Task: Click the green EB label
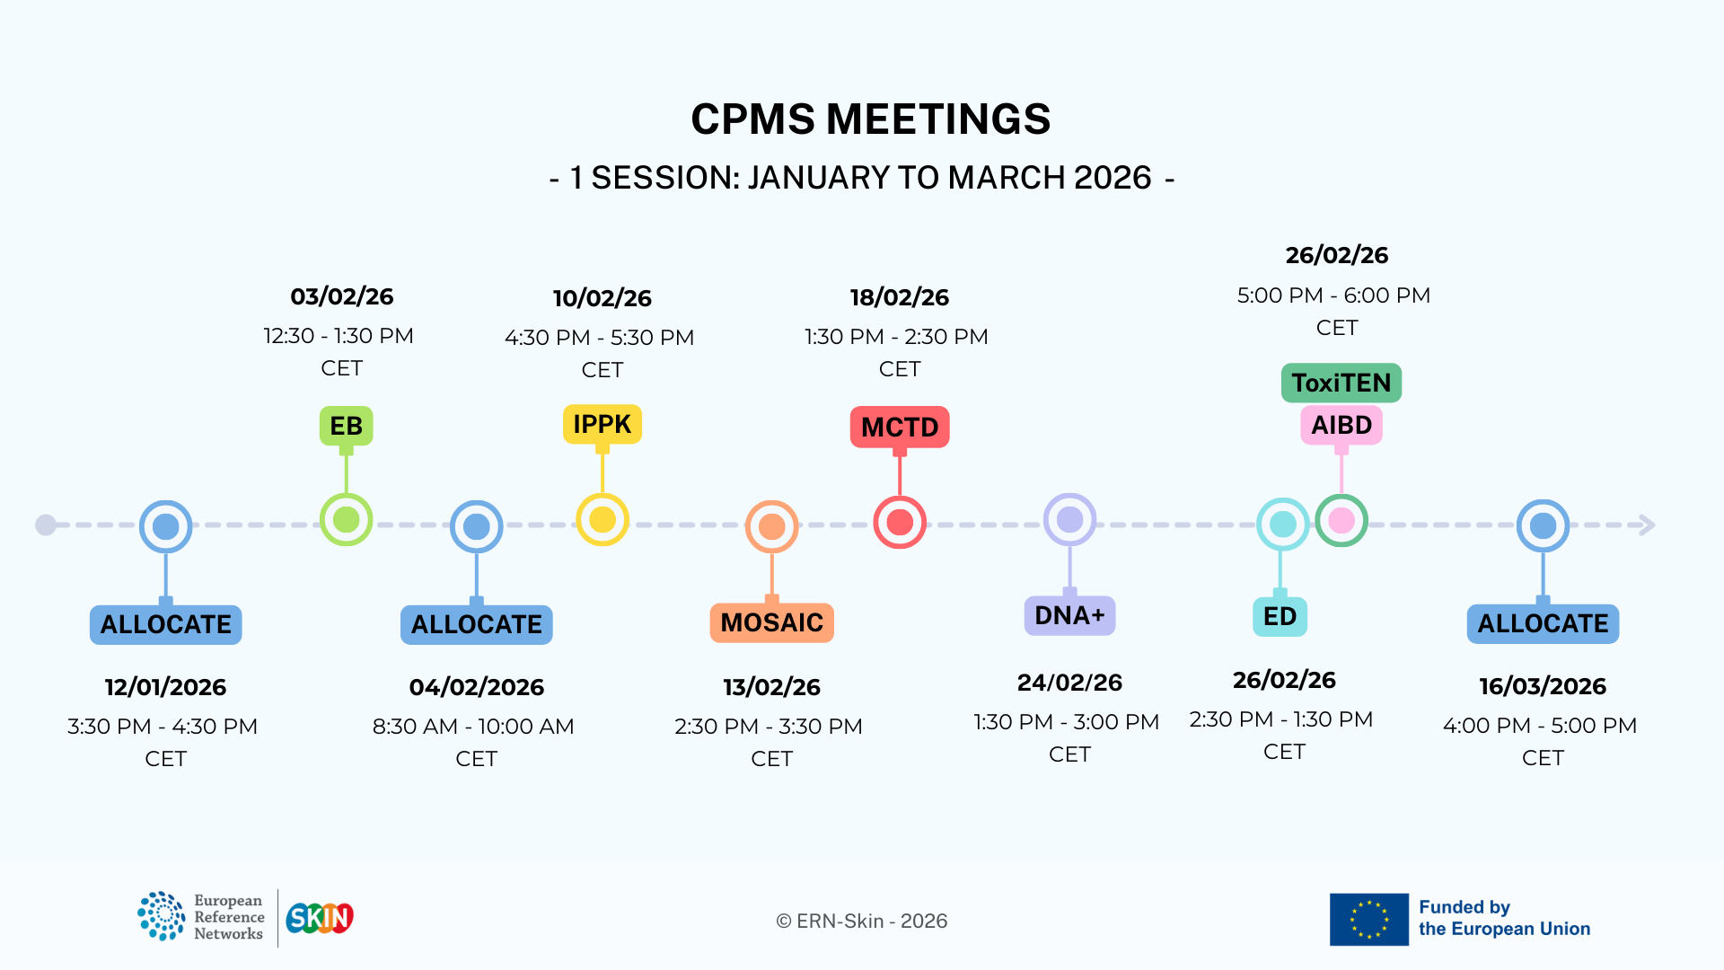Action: tap(346, 426)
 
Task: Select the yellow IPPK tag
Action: tap(602, 424)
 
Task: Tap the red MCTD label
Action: tap(900, 427)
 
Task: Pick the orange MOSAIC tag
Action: tap(771, 622)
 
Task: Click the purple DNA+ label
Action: tap(1069, 615)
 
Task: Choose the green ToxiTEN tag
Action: tap(1341, 383)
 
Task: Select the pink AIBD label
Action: tap(1341, 425)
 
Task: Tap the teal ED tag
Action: tap(1280, 616)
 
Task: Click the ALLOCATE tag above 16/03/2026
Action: tap(1543, 623)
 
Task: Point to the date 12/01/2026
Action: tap(165, 687)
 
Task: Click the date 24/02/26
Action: tap(1069, 683)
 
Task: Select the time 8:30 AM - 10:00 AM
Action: tap(473, 726)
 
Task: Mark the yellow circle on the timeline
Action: tap(602, 519)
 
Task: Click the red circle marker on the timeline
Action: tap(900, 522)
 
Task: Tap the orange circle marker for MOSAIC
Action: tap(771, 526)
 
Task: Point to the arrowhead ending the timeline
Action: tap(1648, 525)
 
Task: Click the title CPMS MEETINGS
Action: tap(870, 119)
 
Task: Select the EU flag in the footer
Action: tap(1368, 919)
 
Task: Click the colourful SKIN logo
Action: tap(320, 918)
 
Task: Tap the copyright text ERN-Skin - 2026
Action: tap(861, 921)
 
